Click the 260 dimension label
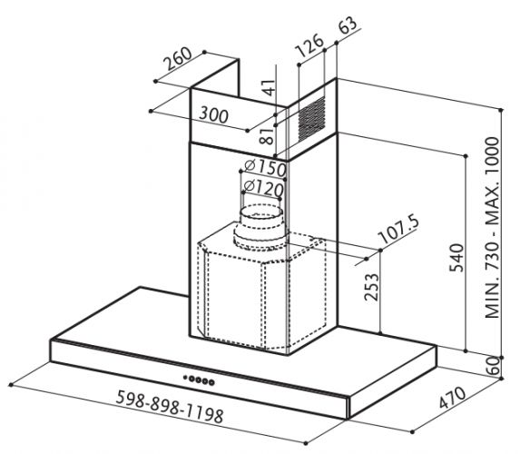pos(179,58)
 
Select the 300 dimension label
pos(214,114)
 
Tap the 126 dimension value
pos(309,44)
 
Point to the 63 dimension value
pos(348,25)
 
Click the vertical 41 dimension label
pos(270,87)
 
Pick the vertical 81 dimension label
pos(267,136)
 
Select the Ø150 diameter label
pos(265,168)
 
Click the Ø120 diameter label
pos(264,188)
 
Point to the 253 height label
pos(371,287)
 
